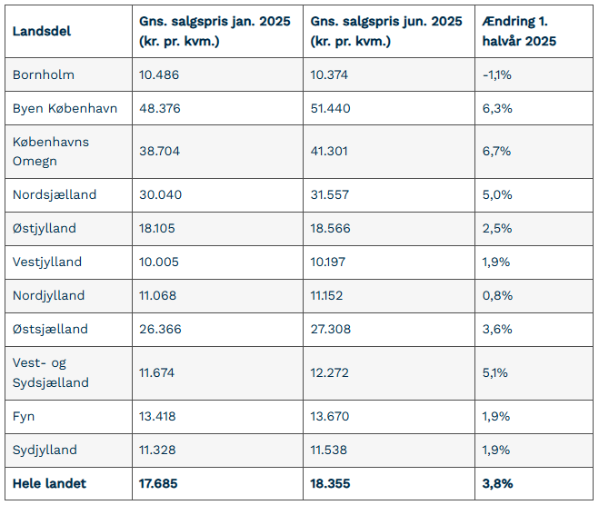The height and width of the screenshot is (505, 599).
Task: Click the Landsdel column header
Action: tap(42, 31)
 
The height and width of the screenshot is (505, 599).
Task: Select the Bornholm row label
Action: tap(44, 74)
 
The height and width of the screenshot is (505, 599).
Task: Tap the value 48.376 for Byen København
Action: tap(160, 108)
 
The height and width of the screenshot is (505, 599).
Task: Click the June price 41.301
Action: tap(329, 151)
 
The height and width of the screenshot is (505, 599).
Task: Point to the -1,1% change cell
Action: tap(497, 74)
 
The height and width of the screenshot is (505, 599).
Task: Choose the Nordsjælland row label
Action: tap(55, 194)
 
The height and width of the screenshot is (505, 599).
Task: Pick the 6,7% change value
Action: tap(496, 151)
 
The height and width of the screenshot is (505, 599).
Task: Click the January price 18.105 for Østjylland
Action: tap(157, 228)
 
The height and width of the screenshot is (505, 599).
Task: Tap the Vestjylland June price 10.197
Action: tap(328, 262)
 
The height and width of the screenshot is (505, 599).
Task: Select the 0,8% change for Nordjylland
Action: tap(497, 295)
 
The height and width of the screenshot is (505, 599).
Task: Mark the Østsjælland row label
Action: tap(50, 329)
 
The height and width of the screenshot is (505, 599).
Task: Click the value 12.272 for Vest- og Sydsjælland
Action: tap(329, 372)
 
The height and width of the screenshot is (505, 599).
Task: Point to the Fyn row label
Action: tap(24, 416)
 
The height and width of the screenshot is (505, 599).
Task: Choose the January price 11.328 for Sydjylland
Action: tap(157, 450)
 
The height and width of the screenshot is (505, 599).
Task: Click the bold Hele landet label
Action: tap(49, 483)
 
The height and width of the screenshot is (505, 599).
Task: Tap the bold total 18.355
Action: tap(330, 483)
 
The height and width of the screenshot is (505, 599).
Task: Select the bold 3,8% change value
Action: tap(498, 483)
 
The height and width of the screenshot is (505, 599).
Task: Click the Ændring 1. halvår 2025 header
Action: tap(519, 31)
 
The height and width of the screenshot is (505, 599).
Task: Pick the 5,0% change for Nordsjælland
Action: tap(497, 194)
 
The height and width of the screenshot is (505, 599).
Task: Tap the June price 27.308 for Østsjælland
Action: tap(331, 329)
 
